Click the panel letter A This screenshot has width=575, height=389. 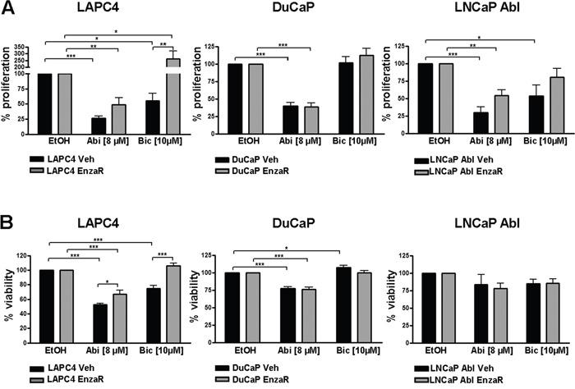[9, 11]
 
